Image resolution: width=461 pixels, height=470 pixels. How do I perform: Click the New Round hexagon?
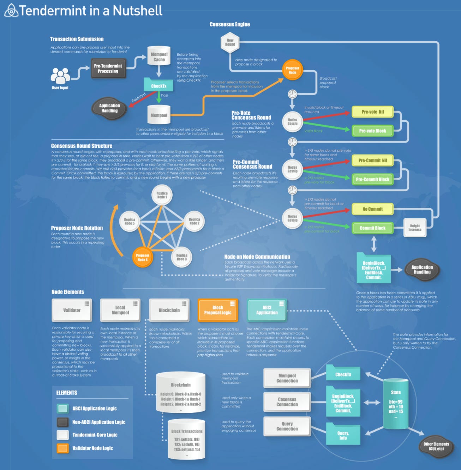230,42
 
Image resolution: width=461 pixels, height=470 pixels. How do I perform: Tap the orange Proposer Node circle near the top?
292,70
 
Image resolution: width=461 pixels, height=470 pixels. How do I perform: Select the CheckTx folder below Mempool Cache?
158,85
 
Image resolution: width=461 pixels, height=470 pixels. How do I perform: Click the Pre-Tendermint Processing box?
108,68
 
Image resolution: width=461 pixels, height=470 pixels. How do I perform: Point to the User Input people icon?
60,76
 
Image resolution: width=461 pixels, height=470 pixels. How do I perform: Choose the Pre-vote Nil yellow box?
372,112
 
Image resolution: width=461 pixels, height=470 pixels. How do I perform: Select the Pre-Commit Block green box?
372,179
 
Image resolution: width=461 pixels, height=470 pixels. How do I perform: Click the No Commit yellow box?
372,209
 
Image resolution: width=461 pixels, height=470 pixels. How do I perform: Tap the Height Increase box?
415,228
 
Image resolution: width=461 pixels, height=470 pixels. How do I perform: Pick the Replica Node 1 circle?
162,195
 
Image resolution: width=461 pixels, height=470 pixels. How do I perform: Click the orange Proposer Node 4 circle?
142,258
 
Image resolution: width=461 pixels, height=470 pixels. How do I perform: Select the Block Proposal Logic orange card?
217,310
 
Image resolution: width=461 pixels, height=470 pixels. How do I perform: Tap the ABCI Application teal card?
267,310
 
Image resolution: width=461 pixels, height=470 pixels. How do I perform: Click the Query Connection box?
287,426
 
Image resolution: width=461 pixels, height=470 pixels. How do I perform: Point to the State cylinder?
396,404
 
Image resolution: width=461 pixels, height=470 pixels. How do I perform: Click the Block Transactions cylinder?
187,439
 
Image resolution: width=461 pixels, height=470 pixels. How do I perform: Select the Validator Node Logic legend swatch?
63,448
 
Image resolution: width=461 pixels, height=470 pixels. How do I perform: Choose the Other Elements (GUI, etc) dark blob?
436,446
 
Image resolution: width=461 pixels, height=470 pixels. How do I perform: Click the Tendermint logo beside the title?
11,11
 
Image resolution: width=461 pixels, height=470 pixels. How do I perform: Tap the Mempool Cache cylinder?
159,56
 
